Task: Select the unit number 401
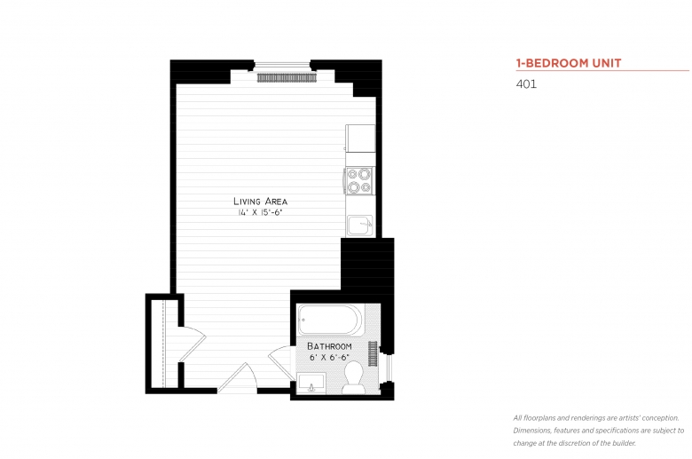click(x=526, y=85)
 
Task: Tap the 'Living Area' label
click(x=260, y=202)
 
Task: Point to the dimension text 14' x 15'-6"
click(x=260, y=213)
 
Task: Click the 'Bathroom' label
click(x=329, y=345)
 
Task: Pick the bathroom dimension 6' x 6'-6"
click(x=329, y=357)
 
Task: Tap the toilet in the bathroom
click(x=354, y=376)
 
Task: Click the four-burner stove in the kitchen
click(x=359, y=181)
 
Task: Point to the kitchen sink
click(x=359, y=225)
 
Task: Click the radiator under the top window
click(x=287, y=78)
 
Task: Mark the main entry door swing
click(x=238, y=376)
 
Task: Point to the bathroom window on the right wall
click(x=387, y=367)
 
